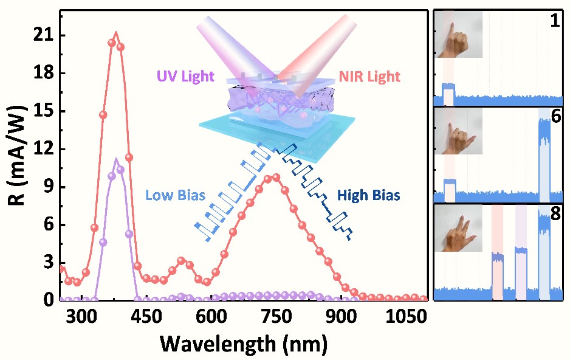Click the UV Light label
pyautogui.click(x=186, y=77)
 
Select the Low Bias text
pyautogui.click(x=174, y=196)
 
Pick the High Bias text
pyautogui.click(x=368, y=196)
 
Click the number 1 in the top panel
pyautogui.click(x=555, y=21)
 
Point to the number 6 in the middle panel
pyautogui.click(x=555, y=118)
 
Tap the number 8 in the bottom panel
pyautogui.click(x=555, y=216)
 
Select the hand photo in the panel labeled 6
pyautogui.click(x=458, y=131)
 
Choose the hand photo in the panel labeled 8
pyautogui.click(x=458, y=229)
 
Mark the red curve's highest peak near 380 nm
pyautogui.click(x=116, y=33)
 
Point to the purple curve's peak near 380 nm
pyautogui.click(x=116, y=160)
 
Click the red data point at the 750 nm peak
pyautogui.click(x=276, y=178)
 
